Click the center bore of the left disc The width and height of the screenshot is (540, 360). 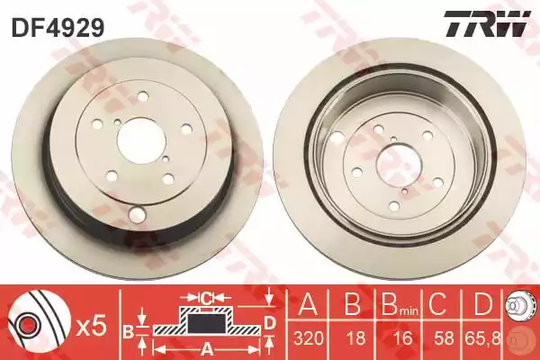[141, 142]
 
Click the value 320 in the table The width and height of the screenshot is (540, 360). [308, 338]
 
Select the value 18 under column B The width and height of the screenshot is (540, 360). [355, 338]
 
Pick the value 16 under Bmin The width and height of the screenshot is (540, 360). [402, 338]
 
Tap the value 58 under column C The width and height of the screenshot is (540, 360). [444, 338]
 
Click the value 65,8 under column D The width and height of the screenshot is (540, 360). [484, 338]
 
